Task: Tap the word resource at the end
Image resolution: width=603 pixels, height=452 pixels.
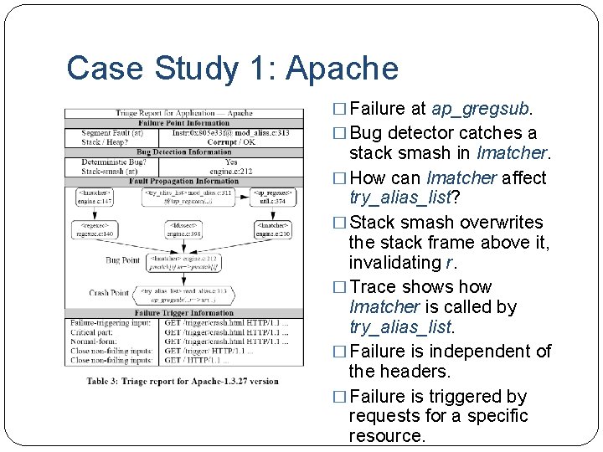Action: coord(387,436)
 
